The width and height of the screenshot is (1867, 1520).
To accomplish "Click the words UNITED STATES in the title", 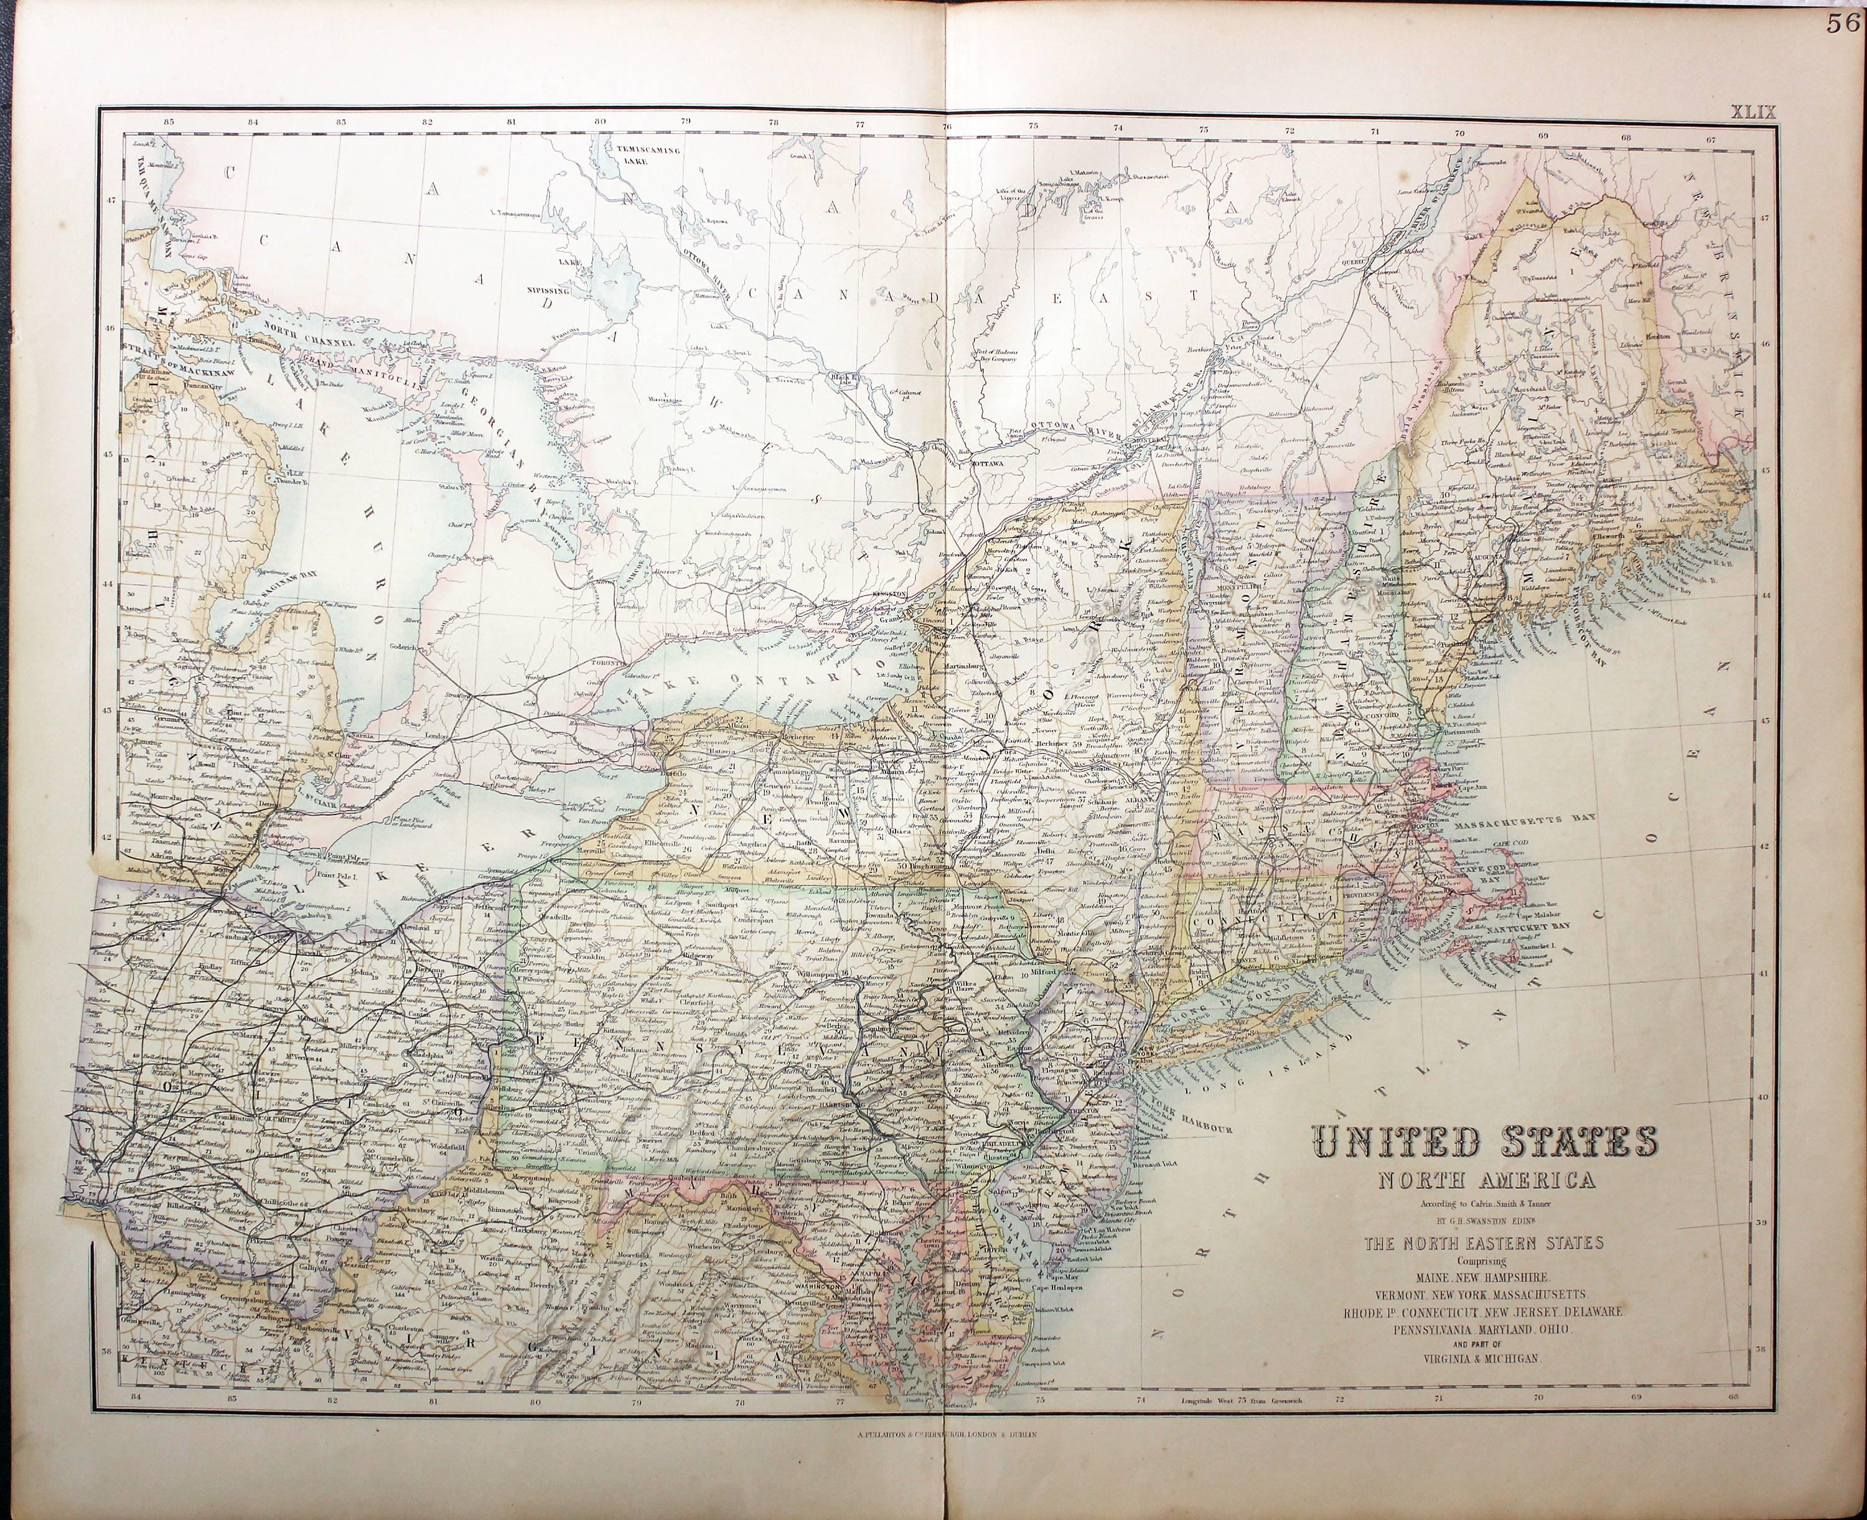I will click(x=1484, y=1142).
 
